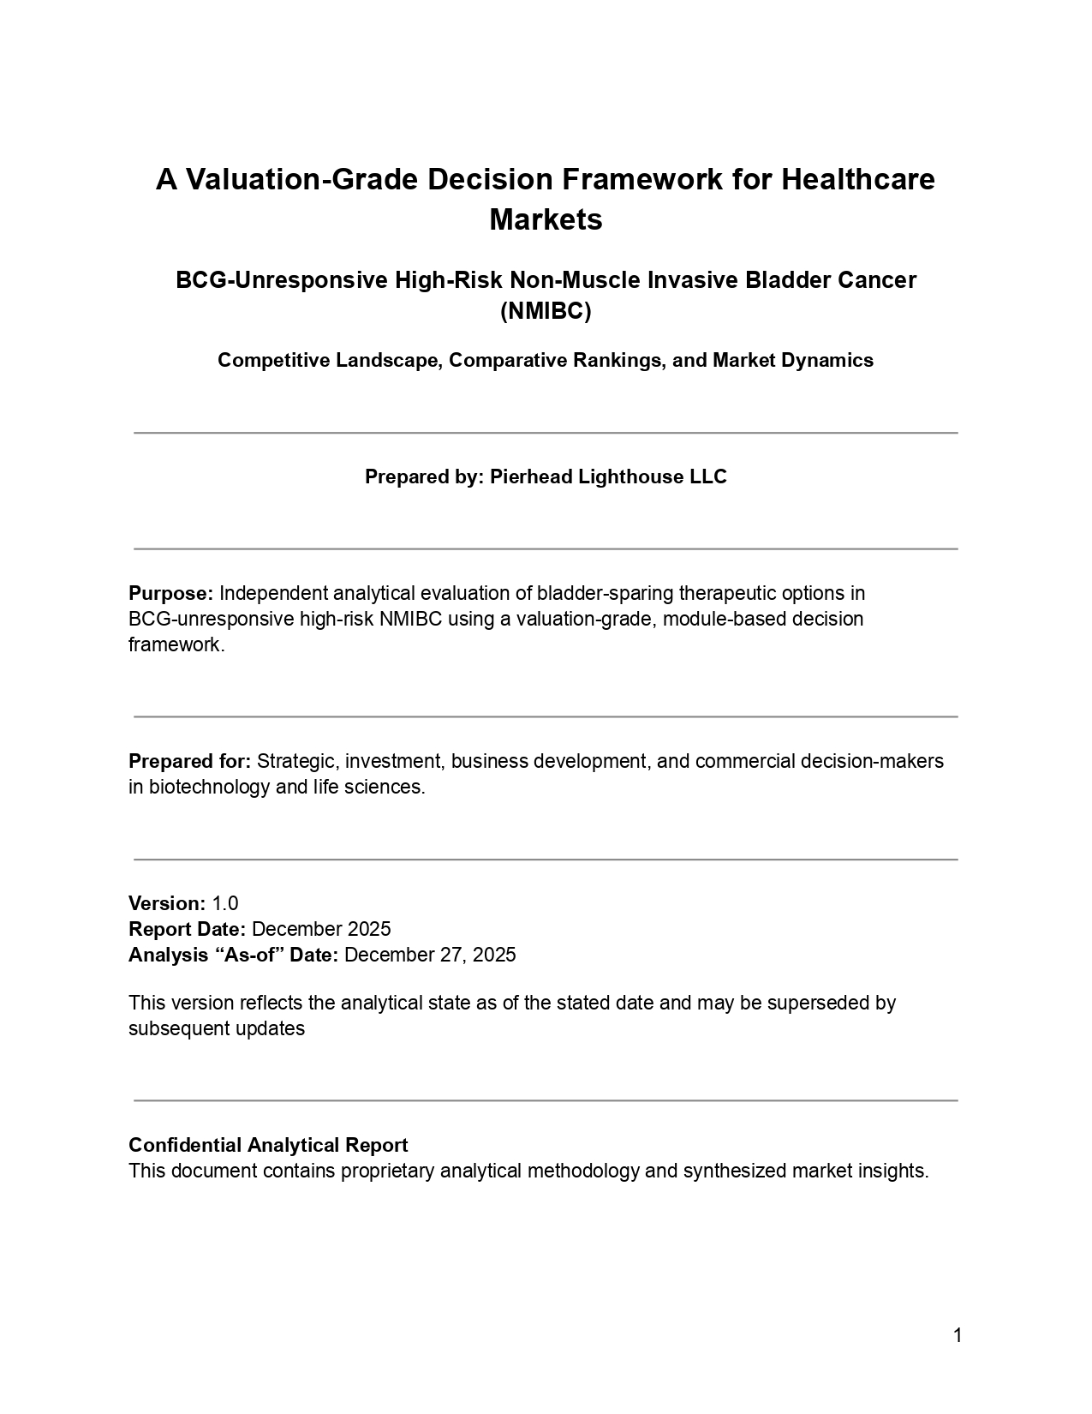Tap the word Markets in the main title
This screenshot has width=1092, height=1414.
click(x=546, y=219)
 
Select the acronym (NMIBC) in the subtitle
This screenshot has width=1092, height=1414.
click(x=546, y=311)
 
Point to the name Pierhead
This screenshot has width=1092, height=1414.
click(x=531, y=476)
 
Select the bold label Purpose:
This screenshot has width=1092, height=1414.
click(x=170, y=593)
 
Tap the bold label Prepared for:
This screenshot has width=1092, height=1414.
click(x=189, y=761)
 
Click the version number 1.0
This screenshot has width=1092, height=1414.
click(x=225, y=903)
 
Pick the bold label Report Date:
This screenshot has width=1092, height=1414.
click(x=188, y=929)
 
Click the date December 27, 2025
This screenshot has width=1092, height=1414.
click(x=430, y=955)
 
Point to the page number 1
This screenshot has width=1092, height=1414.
click(x=958, y=1335)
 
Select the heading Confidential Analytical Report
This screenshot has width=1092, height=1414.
click(x=268, y=1145)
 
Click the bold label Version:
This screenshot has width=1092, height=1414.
click(x=167, y=903)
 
